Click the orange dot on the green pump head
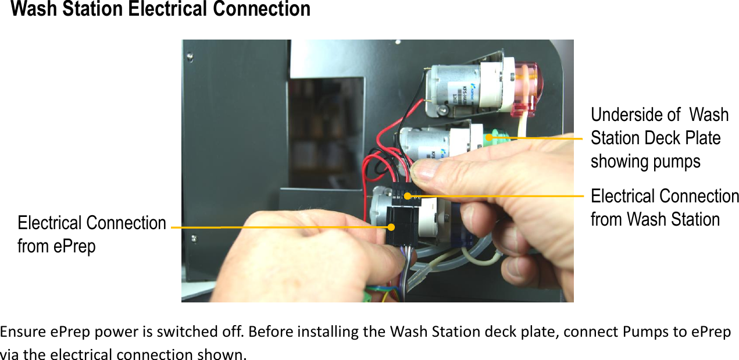490,137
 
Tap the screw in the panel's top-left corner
190,56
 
